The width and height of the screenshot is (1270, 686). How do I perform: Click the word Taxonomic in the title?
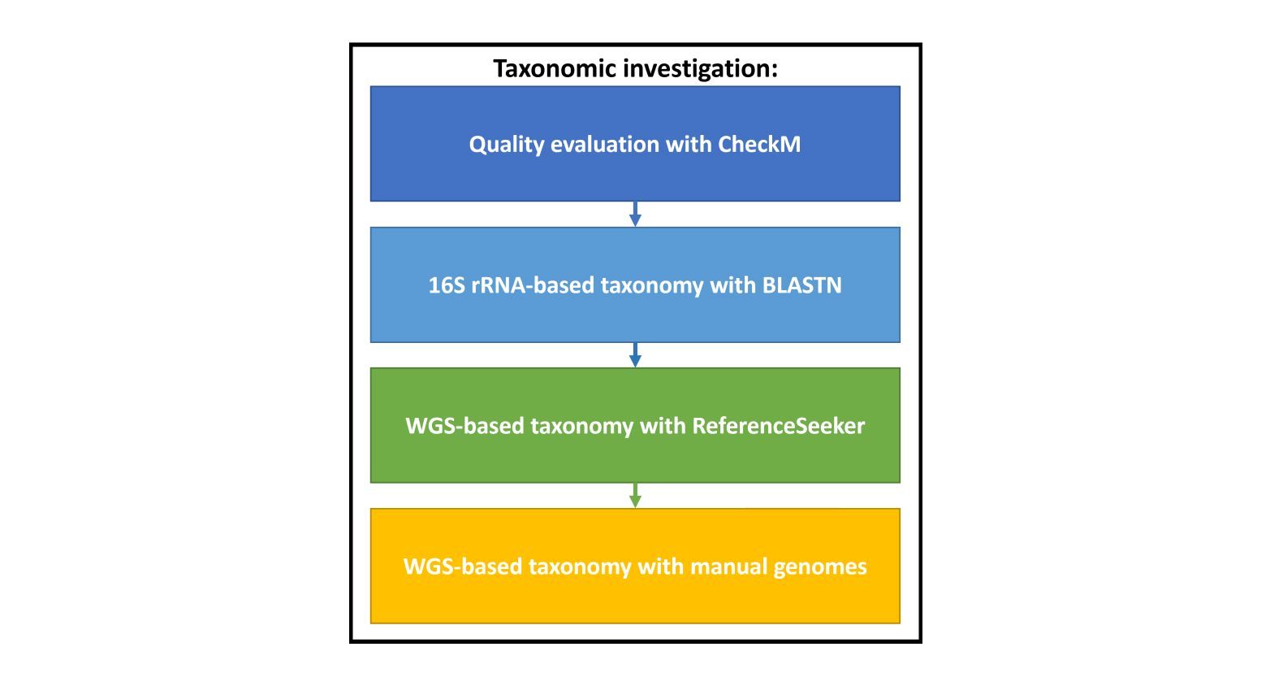tap(555, 68)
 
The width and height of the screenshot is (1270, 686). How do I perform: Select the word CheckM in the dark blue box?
tap(759, 144)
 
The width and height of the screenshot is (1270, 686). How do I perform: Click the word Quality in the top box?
tap(507, 145)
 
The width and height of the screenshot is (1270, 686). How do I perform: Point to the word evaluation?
tap(605, 144)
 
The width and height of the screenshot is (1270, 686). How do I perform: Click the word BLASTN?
tap(801, 284)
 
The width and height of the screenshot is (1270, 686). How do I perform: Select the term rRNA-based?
tap(533, 284)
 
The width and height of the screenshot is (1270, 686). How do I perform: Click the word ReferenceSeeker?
tap(779, 426)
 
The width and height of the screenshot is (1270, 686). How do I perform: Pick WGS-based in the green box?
tap(464, 426)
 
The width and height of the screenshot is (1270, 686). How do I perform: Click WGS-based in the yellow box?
tap(463, 567)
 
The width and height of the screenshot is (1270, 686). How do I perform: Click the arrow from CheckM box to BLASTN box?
tap(635, 214)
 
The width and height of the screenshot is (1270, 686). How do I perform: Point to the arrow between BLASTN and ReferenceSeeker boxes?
tap(635, 354)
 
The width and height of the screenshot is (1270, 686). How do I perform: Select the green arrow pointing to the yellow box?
tap(635, 495)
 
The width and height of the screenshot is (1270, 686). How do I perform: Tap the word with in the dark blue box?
tap(689, 144)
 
